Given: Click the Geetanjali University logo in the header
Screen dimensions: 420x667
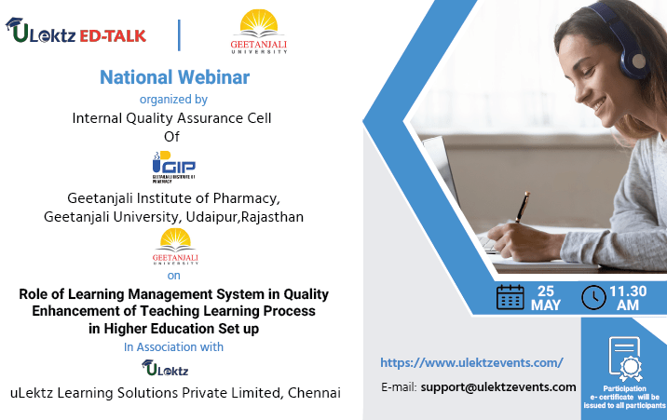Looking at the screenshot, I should pyautogui.click(x=258, y=32).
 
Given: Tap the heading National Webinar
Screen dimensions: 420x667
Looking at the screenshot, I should pyautogui.click(x=174, y=77).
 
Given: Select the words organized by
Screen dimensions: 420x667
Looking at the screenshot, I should pyautogui.click(x=173, y=99).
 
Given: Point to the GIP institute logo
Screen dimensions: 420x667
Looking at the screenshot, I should pyautogui.click(x=173, y=168).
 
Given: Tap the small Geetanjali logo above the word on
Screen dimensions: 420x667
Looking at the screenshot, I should pyautogui.click(x=174, y=246).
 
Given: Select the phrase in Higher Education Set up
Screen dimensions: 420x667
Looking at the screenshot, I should pyautogui.click(x=173, y=328).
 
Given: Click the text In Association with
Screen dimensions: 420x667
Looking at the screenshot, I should pyautogui.click(x=173, y=347).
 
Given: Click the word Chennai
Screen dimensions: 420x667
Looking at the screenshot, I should pyautogui.click(x=314, y=393).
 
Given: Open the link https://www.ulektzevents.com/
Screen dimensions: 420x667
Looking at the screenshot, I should pyautogui.click(x=471, y=362).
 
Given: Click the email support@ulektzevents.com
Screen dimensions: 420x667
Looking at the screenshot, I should pyautogui.click(x=498, y=386).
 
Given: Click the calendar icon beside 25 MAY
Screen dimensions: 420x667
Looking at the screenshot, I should pyautogui.click(x=510, y=297).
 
